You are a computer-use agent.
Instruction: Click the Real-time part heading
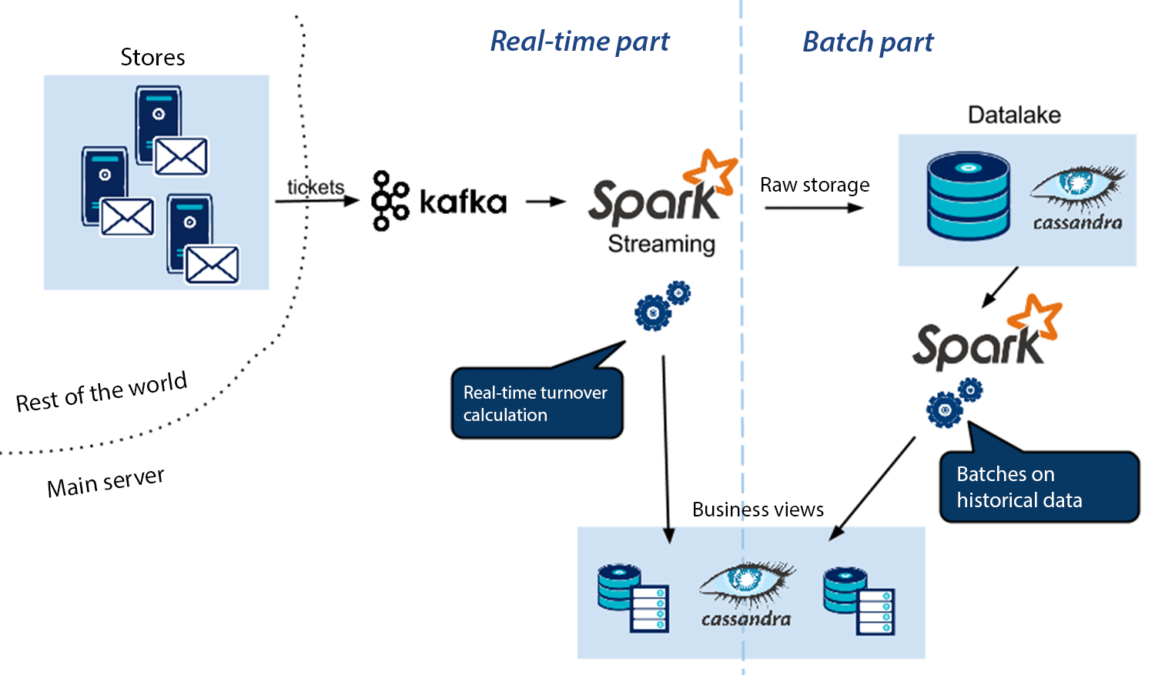coord(580,42)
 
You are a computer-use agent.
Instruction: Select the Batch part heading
coord(868,42)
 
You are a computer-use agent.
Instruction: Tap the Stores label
coord(152,58)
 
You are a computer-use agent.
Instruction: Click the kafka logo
coord(439,202)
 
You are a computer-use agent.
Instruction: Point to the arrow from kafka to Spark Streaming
coord(545,202)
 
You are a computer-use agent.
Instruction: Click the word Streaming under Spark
coord(661,244)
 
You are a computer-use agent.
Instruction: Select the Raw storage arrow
coord(814,208)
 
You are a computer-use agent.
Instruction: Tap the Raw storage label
coord(815,185)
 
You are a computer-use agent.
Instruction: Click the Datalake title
coord(1014,115)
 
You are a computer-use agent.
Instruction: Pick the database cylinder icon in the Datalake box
coord(968,195)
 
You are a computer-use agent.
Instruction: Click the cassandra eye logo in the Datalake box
coord(1078,197)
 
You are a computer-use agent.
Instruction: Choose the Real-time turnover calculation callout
coord(537,403)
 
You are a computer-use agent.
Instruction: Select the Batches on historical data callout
coord(1038,486)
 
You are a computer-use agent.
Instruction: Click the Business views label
coord(758,510)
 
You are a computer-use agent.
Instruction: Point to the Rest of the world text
coord(102,392)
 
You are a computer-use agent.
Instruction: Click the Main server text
coord(105,483)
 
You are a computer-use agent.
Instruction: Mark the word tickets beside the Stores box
coord(316,187)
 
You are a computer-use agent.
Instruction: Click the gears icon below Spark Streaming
coord(661,306)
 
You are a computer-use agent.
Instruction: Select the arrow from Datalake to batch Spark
coord(1000,287)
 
